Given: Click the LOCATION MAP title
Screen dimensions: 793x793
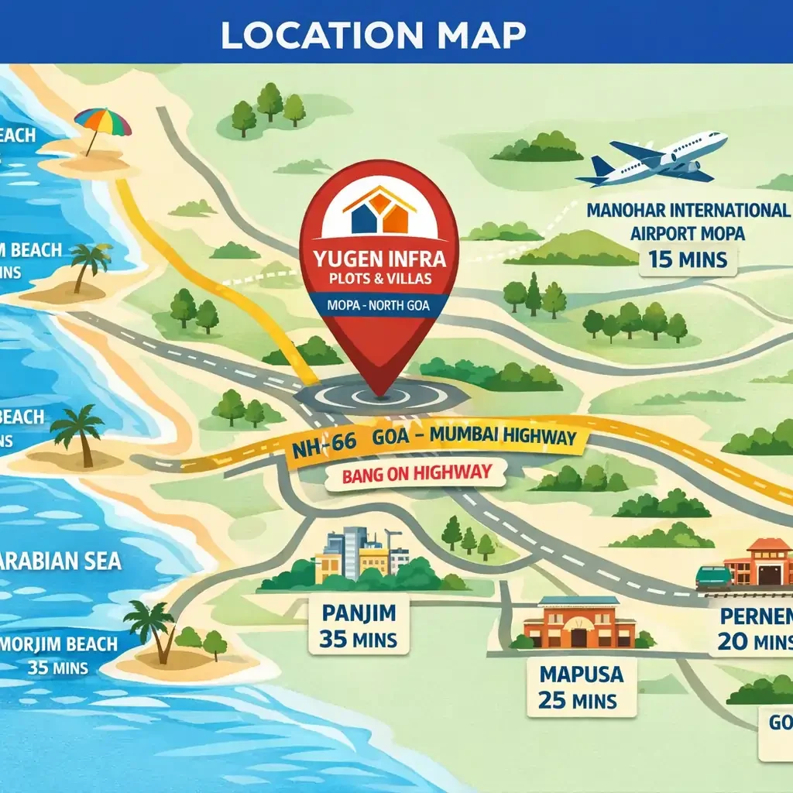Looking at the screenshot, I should click(x=373, y=33).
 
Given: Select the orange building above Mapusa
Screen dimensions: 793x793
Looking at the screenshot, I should click(x=579, y=623).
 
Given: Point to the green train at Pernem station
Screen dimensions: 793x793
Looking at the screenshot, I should click(x=713, y=577).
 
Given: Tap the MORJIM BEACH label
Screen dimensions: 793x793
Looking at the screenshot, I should click(x=59, y=644).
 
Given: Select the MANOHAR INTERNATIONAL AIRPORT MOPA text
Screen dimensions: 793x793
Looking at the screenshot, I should click(x=688, y=221).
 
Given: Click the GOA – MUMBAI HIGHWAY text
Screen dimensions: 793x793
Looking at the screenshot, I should click(x=474, y=437).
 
